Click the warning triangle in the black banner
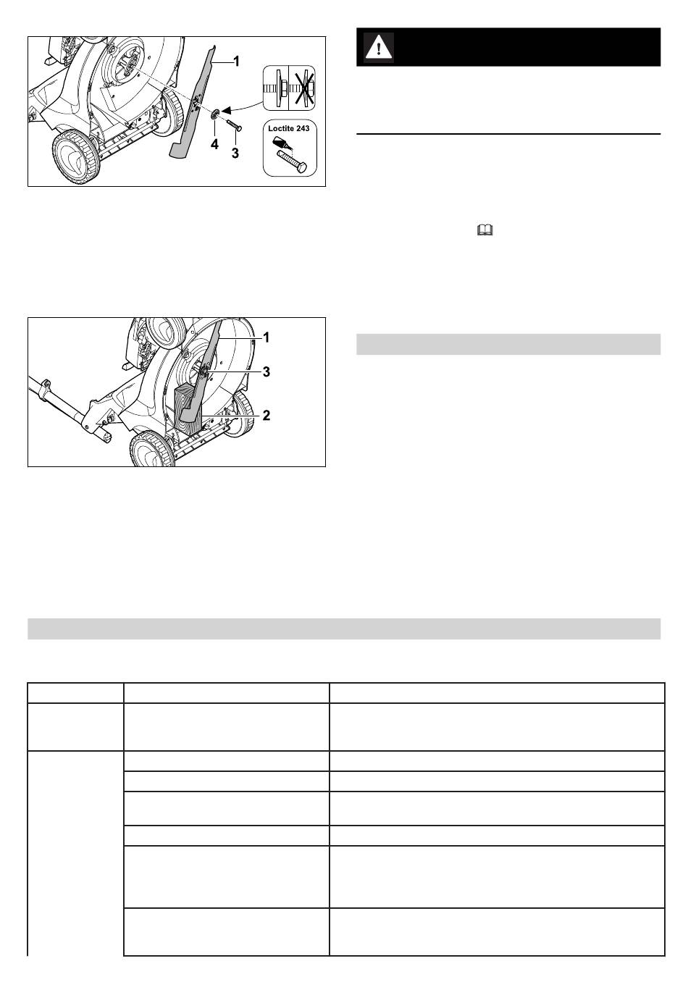point(379,46)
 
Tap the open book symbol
point(485,230)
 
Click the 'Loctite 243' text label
point(289,128)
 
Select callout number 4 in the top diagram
point(214,144)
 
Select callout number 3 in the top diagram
point(235,154)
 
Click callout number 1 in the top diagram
point(236,61)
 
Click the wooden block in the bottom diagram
point(188,409)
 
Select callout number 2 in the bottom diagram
point(266,416)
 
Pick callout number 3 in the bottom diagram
point(266,371)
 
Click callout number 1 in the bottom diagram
point(266,337)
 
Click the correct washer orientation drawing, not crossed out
point(277,88)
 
